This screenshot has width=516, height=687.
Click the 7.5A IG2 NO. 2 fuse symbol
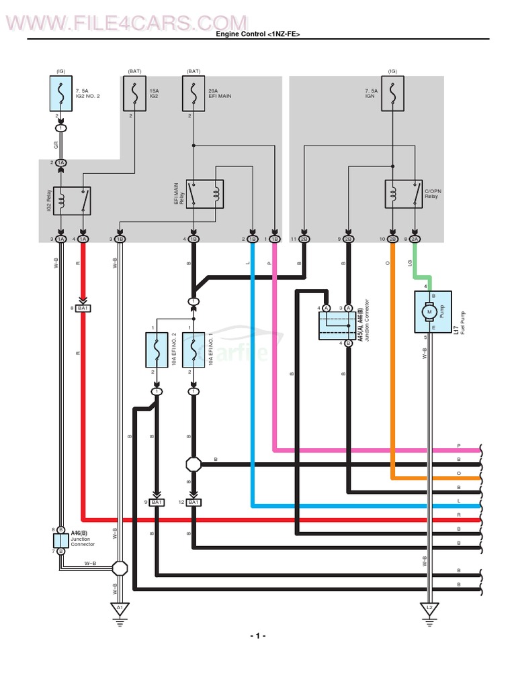coord(61,93)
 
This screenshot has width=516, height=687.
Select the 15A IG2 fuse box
coord(134,93)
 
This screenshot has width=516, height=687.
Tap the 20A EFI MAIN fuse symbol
coord(193,93)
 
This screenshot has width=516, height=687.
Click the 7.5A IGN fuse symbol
coord(392,93)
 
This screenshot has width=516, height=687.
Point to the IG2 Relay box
coord(72,201)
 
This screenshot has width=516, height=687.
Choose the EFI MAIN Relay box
coord(205,194)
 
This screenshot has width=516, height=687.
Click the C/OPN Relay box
coord(403,194)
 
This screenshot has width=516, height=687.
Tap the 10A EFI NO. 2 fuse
coord(157,350)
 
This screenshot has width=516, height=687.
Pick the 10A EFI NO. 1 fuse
coord(193,350)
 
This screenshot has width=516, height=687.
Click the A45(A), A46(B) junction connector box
coord(337,325)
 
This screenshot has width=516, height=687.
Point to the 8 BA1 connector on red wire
coord(83,308)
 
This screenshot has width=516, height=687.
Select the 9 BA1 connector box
coord(157,503)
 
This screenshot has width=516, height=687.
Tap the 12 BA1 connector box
coord(193,503)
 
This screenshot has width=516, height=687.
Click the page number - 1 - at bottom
coord(258,636)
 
